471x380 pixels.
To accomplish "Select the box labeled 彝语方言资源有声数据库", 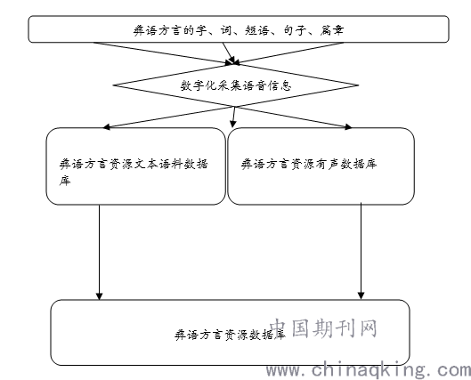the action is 321,166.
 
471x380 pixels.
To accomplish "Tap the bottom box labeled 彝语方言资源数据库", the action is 230,332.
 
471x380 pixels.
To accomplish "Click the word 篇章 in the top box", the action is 331,30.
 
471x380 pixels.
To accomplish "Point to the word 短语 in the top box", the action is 256,30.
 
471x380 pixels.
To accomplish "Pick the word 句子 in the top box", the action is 295,30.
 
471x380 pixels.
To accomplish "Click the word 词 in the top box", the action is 226,30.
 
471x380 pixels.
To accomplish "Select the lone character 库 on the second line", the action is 65,181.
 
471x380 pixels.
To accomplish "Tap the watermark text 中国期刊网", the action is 323,327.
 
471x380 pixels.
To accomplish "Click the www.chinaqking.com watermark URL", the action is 369,370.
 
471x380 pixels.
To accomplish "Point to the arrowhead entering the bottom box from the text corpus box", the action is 100,296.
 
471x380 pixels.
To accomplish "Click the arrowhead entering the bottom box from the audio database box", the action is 361,295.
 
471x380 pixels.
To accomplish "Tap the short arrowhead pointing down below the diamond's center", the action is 233,124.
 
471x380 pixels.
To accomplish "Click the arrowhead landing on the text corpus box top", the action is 107,127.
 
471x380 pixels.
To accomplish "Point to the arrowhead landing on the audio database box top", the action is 348,126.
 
